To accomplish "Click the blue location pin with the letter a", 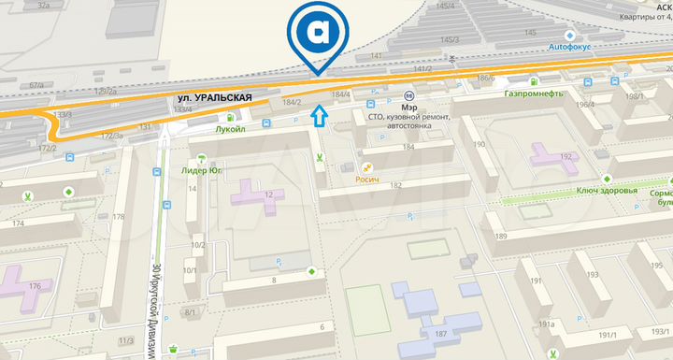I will (317, 34).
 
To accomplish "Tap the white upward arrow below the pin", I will (319, 116).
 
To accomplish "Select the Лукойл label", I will (229, 129).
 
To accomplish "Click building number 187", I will (439, 334).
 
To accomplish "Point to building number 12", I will (268, 194).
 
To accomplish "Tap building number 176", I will (35, 285).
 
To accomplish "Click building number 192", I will (565, 157).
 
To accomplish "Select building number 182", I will (395, 185).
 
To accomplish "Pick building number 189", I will (500, 238).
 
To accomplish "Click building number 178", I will (119, 217).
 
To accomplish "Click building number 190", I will (479, 145).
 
